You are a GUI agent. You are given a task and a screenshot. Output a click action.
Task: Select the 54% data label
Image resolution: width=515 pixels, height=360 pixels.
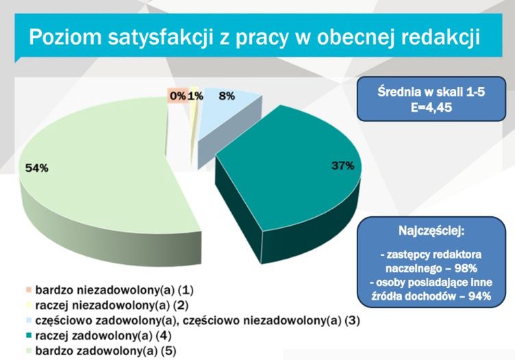[x=36, y=168]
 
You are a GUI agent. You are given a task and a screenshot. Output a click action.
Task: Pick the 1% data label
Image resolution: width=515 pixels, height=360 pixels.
[x=195, y=97]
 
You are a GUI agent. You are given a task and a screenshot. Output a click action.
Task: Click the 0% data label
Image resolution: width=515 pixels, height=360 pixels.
[x=177, y=97]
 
